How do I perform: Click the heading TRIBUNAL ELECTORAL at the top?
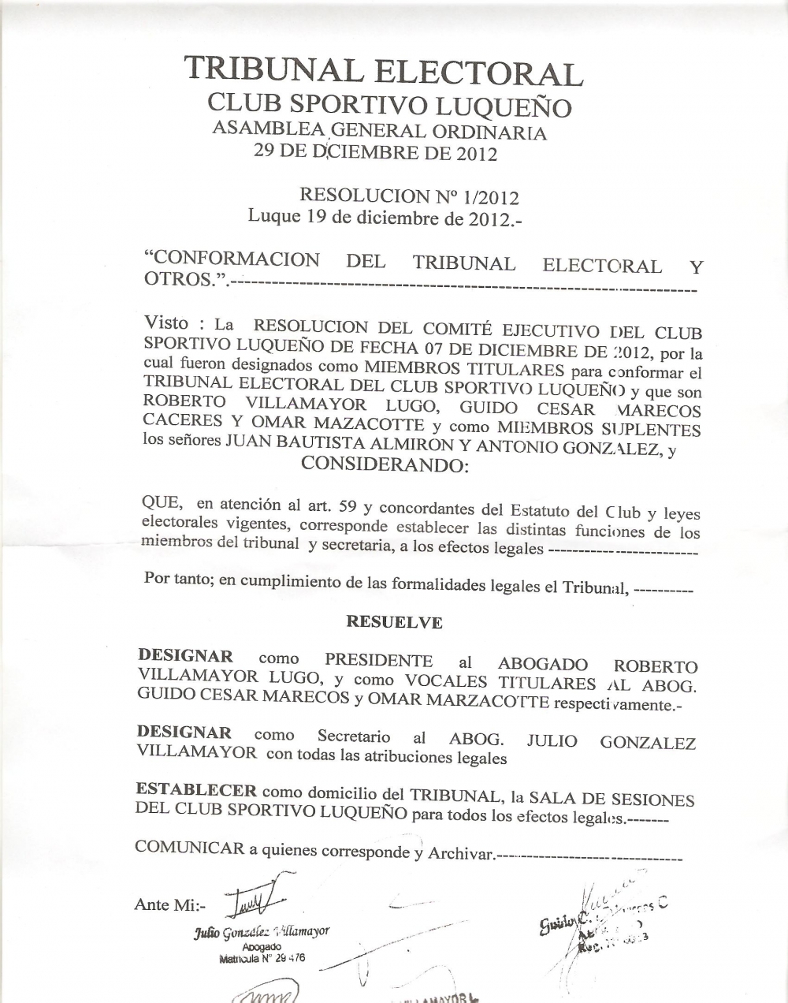384,71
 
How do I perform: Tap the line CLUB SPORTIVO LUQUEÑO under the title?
388,105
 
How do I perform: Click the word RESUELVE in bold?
394,622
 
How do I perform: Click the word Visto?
167,323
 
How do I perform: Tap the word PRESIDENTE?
379,661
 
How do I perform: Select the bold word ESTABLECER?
195,790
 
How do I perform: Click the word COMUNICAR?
189,848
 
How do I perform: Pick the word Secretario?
353,736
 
